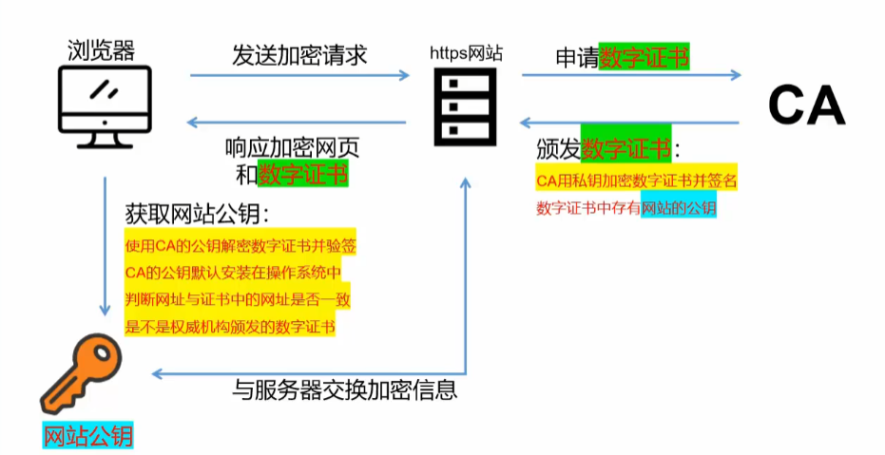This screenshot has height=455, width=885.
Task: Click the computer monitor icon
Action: point(105,104)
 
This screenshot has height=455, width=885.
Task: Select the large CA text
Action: point(806,104)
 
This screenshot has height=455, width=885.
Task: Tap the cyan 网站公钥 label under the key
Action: point(88,435)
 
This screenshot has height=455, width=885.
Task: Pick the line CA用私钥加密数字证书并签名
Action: point(636,179)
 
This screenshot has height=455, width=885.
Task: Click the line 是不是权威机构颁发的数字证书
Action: point(231,326)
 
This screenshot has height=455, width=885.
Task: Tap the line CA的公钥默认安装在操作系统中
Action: point(232,273)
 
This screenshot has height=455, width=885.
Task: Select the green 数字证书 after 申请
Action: point(645,56)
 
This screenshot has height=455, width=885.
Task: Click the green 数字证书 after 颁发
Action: point(626,149)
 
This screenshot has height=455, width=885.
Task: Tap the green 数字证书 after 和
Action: point(303,174)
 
